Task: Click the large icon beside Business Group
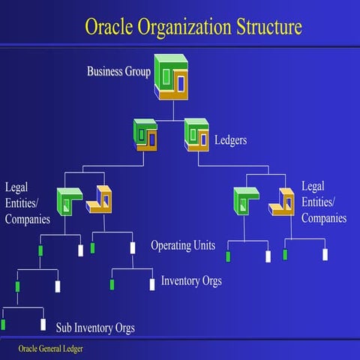[x=173, y=76]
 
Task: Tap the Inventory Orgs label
[x=191, y=282]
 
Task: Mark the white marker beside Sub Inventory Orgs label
[x=43, y=325]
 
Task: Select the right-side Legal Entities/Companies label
[x=323, y=202]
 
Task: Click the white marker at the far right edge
[x=325, y=254]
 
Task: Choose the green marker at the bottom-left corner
[x=3, y=325]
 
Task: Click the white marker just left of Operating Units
[x=132, y=247]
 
